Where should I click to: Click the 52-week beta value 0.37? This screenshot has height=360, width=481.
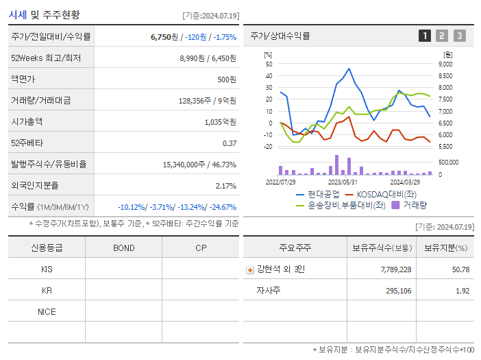(230, 143)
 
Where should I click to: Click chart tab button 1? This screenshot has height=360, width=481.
(425, 36)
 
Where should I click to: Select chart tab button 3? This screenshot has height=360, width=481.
(459, 36)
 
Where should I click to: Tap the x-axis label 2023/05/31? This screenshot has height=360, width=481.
(343, 182)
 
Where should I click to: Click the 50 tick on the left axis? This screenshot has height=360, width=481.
(269, 64)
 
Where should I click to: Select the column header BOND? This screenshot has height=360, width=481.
(123, 248)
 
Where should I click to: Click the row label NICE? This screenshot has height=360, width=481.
(47, 311)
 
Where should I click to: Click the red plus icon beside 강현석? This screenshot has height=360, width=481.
(249, 269)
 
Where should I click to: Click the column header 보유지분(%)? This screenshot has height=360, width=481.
(445, 248)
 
